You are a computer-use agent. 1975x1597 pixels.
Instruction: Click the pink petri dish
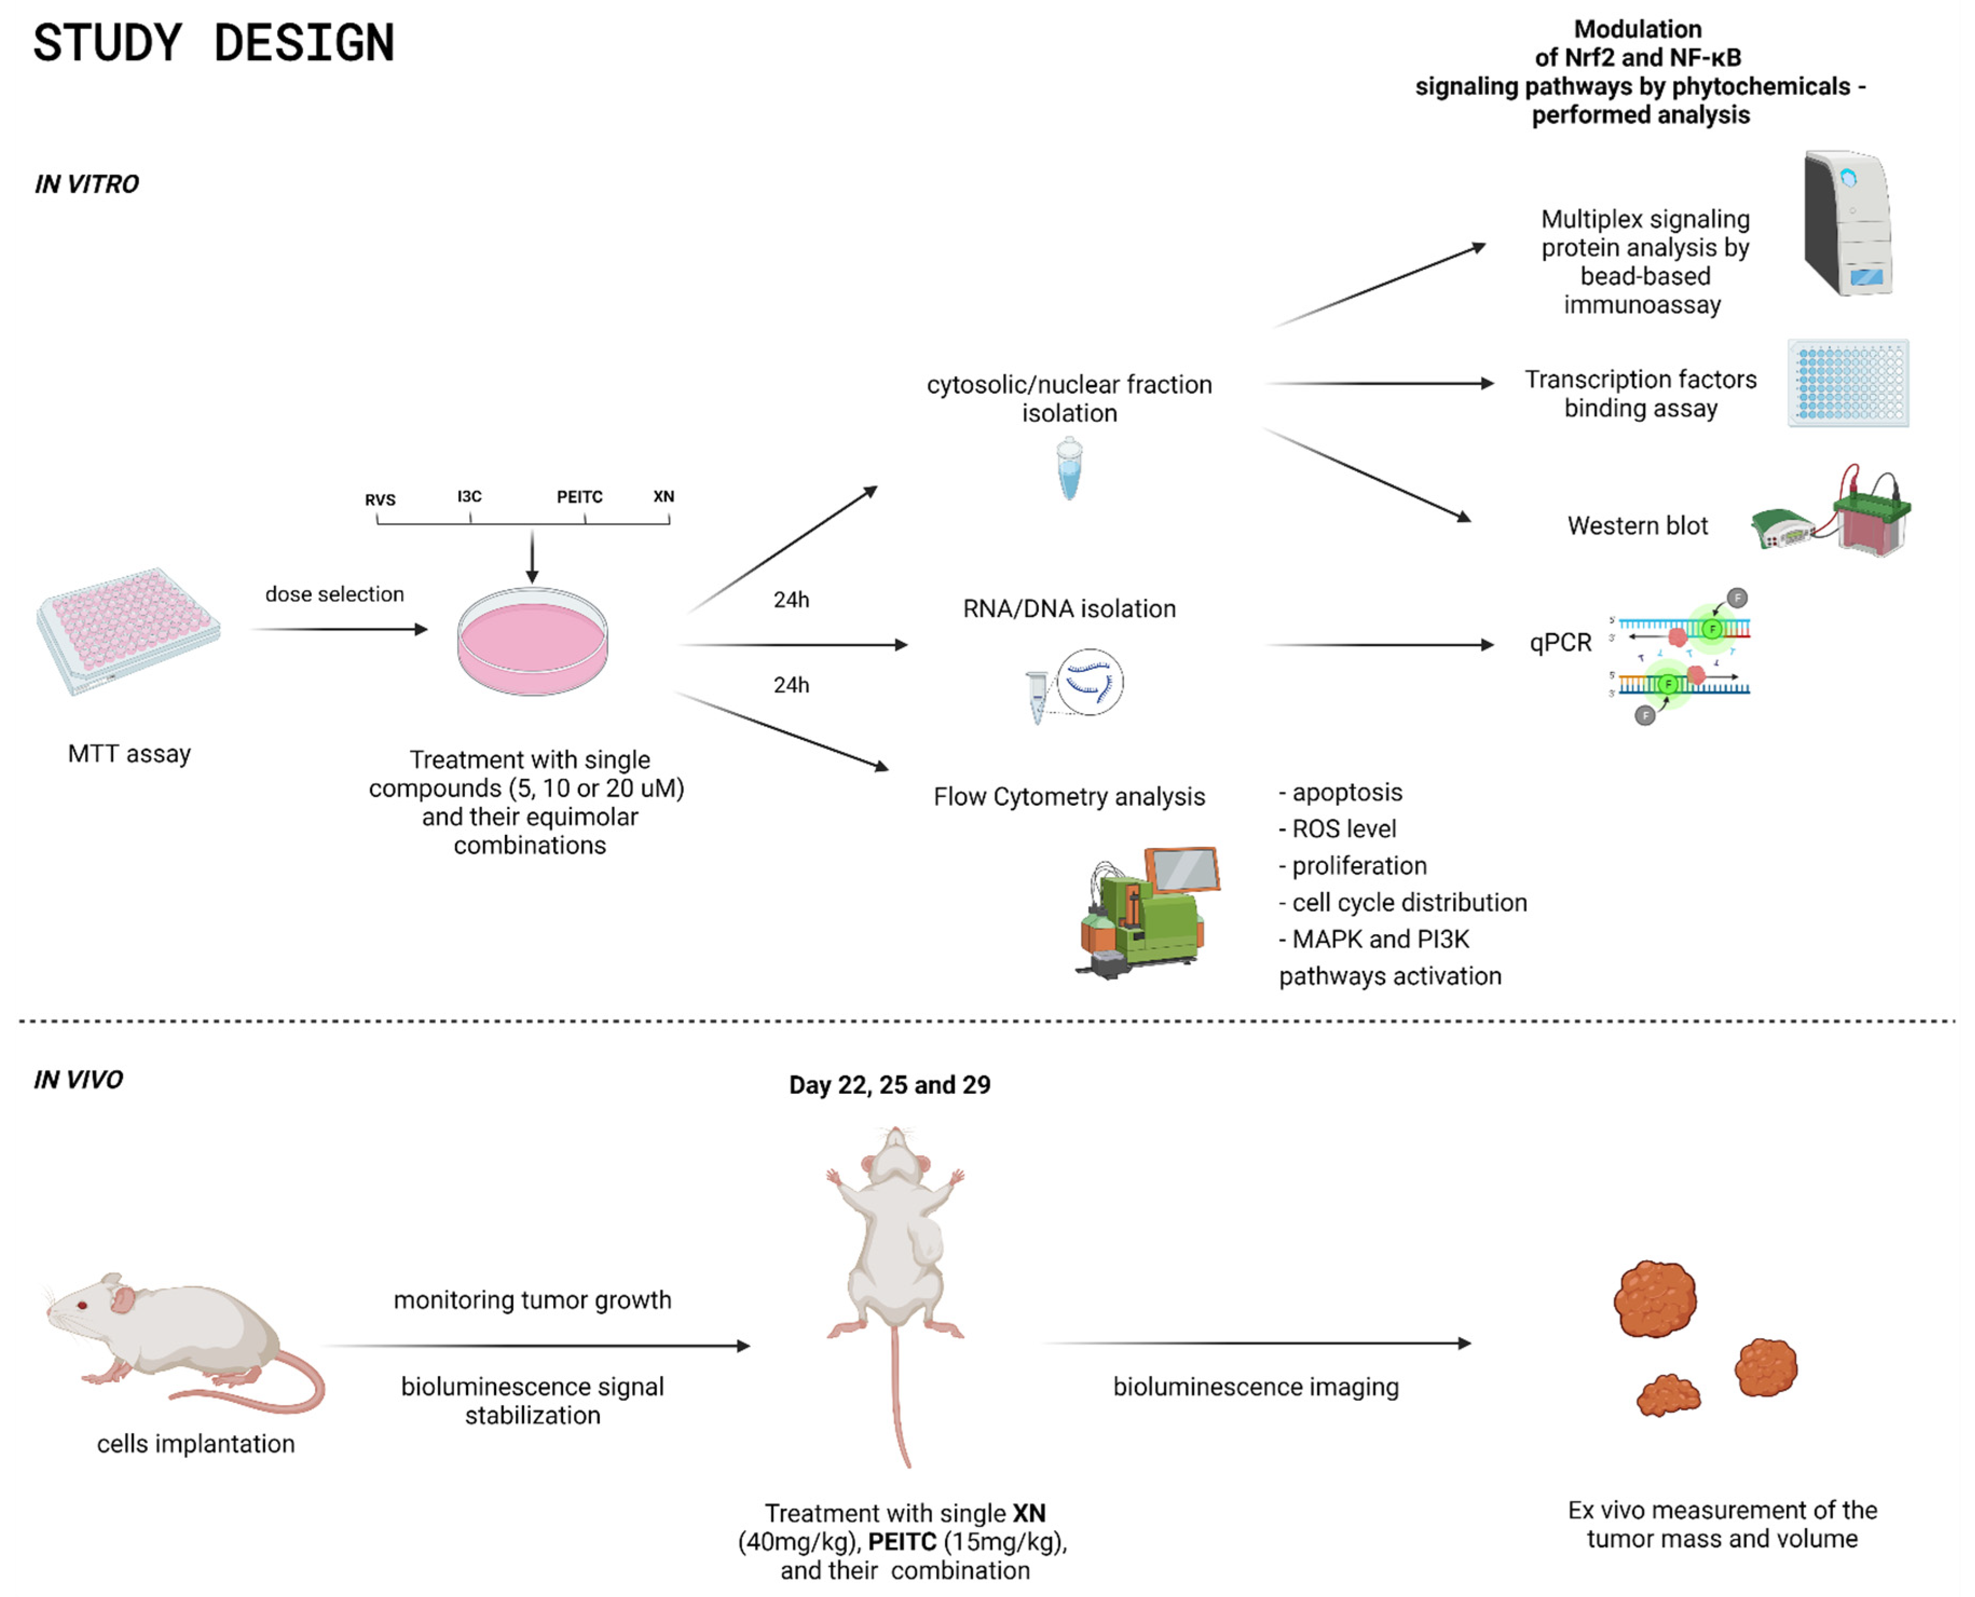533,641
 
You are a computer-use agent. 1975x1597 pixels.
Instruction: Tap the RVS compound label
380,499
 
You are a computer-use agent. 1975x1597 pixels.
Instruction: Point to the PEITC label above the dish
580,497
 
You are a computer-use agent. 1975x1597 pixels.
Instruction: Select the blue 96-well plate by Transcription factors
1848,383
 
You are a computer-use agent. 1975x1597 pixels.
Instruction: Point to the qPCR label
1560,642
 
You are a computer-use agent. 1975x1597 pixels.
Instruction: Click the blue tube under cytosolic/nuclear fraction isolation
1069,469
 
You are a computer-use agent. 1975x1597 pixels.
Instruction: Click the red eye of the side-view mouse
83,1305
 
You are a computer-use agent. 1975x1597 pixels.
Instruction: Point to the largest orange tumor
1656,1298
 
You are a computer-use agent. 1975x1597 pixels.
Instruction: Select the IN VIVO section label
78,1079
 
